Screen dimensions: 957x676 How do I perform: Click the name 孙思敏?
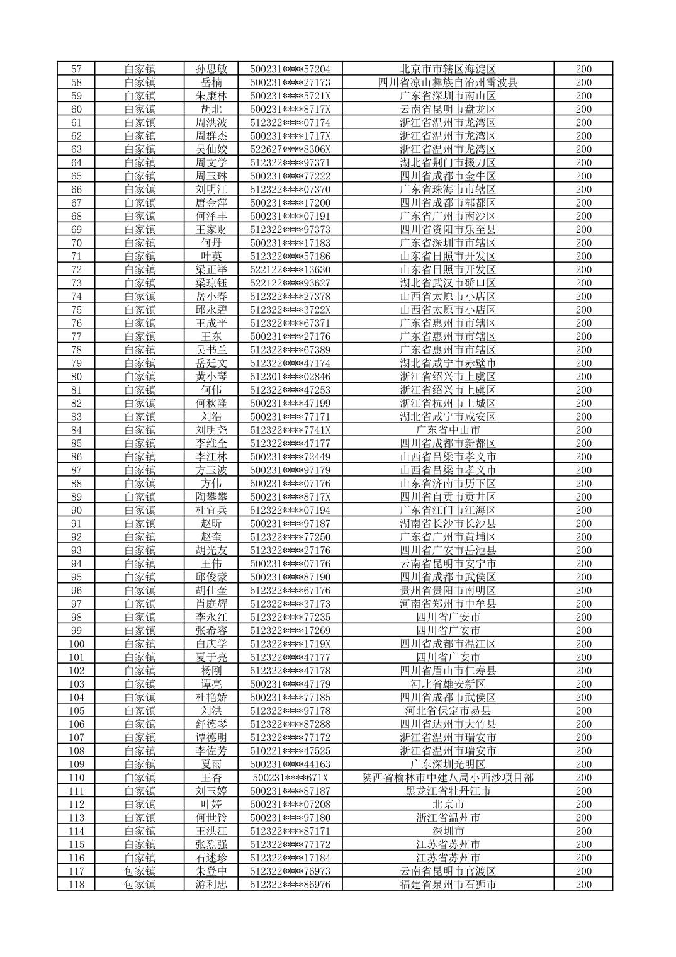211,69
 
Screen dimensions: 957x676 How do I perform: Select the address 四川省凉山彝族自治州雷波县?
448,82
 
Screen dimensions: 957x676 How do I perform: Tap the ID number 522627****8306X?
290,149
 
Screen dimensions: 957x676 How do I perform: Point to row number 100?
76,644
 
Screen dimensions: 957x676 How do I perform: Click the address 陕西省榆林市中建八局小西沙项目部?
448,778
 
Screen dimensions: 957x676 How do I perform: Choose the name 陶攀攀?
211,497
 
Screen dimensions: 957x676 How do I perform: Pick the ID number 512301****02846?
290,377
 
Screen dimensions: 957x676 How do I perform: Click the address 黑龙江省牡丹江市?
448,791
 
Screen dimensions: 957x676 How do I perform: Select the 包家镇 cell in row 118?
140,885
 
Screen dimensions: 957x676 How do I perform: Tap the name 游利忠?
211,885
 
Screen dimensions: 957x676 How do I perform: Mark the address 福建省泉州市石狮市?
448,885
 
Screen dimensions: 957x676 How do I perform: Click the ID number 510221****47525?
290,750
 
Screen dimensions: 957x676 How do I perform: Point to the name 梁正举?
211,269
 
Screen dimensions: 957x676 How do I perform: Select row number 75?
76,310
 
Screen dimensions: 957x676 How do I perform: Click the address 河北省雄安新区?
448,684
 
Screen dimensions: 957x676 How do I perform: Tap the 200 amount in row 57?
583,69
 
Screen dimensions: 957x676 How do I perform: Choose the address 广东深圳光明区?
448,764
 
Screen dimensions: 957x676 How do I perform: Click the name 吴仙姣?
211,149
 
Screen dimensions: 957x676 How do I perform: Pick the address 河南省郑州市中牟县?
448,604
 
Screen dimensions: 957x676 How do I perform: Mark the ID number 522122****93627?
290,283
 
